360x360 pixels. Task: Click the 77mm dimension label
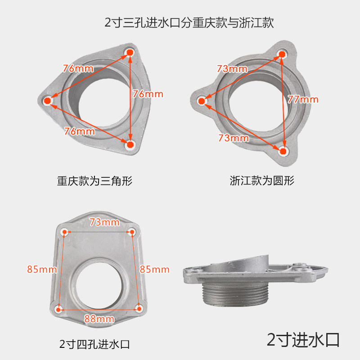(303, 99)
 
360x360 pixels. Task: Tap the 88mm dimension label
(99, 319)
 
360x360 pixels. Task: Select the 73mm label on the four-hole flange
(104, 222)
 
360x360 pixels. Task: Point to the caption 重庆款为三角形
(94, 181)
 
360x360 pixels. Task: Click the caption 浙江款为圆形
(262, 180)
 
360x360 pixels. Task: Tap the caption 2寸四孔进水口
(94, 344)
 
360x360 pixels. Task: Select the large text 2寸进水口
(303, 340)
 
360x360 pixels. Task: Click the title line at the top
(189, 22)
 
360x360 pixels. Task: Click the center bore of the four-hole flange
(99, 285)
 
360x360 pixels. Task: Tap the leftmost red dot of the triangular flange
(47, 100)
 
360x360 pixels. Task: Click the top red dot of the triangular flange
(130, 53)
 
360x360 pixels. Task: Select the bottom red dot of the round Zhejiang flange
(283, 151)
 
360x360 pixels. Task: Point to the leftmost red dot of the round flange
(202, 101)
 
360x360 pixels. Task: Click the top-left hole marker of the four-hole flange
(64, 232)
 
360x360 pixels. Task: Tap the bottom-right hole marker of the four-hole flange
(139, 309)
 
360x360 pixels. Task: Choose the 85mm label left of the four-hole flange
(42, 269)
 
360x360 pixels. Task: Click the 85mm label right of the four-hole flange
(154, 269)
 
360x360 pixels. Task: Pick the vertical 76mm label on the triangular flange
(148, 94)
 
